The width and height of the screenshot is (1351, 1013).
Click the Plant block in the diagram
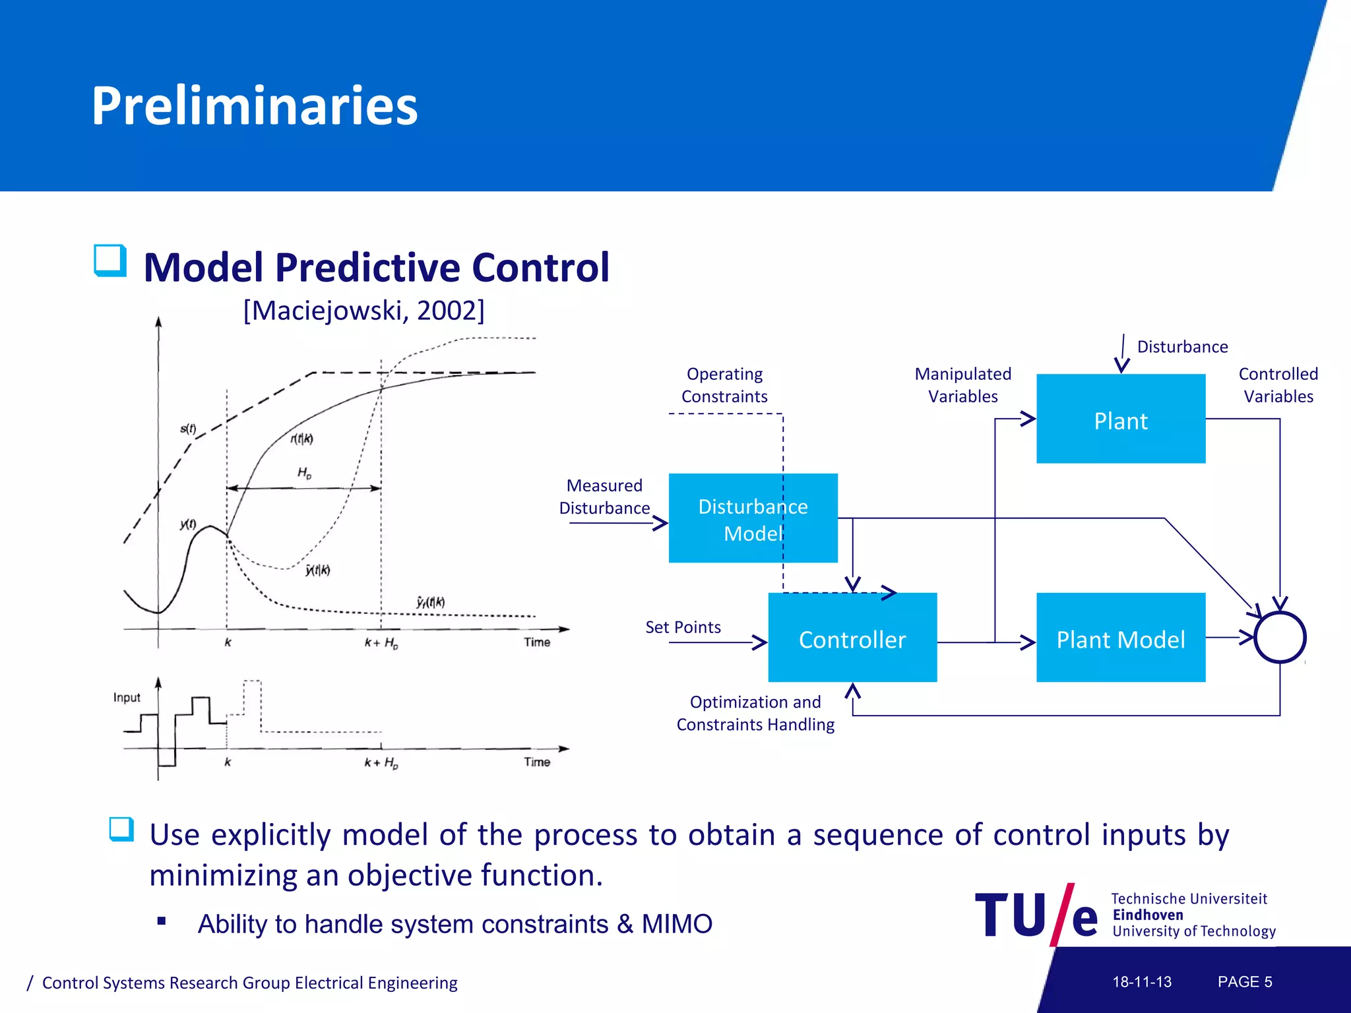[x=1120, y=419]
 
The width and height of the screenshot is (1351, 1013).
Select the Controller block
[x=852, y=638]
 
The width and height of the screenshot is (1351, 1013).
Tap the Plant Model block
[x=1120, y=638]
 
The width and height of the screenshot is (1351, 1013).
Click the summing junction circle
[x=1279, y=637]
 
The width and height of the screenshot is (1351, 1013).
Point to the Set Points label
[x=682, y=627]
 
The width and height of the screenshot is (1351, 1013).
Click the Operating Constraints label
[x=724, y=385]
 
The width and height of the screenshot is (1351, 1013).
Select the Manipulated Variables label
[x=962, y=385]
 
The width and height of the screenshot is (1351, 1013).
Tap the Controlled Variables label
[x=1278, y=385]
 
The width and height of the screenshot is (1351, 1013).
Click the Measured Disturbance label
[x=604, y=497]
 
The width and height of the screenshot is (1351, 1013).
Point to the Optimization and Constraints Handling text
[x=755, y=713]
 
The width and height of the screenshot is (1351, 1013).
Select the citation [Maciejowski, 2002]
[x=363, y=310]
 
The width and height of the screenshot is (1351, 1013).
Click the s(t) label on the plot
[x=188, y=429]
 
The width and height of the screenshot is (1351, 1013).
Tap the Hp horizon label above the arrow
[x=304, y=472]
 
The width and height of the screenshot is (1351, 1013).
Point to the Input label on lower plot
[x=127, y=697]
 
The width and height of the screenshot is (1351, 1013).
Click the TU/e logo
[x=1036, y=915]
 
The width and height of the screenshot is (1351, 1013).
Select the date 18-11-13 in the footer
[x=1141, y=981]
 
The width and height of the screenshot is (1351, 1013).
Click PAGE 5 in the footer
[x=1244, y=981]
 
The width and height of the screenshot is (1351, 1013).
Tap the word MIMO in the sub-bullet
[x=676, y=924]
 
